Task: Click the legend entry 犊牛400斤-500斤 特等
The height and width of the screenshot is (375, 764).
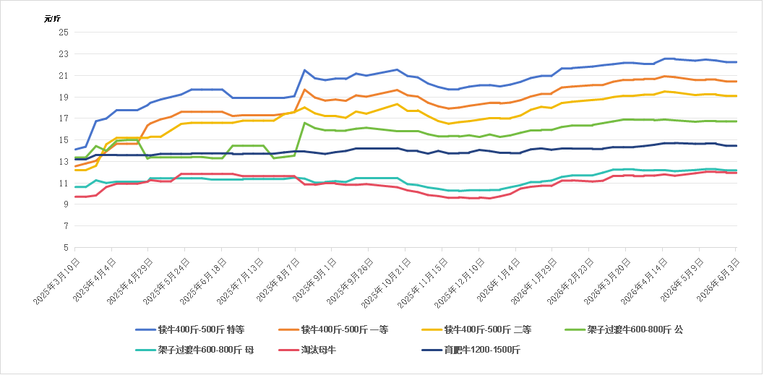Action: pyautogui.click(x=190, y=330)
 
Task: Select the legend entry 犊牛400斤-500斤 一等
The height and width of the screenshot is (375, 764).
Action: pyautogui.click(x=334, y=330)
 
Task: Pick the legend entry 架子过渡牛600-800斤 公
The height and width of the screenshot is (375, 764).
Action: pyautogui.click(x=624, y=330)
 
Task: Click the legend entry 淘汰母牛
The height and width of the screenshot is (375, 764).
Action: pyautogui.click(x=307, y=350)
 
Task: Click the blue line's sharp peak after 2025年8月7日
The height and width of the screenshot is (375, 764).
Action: pyautogui.click(x=304, y=70)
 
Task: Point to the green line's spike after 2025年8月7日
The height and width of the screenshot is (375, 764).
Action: pyautogui.click(x=304, y=123)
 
